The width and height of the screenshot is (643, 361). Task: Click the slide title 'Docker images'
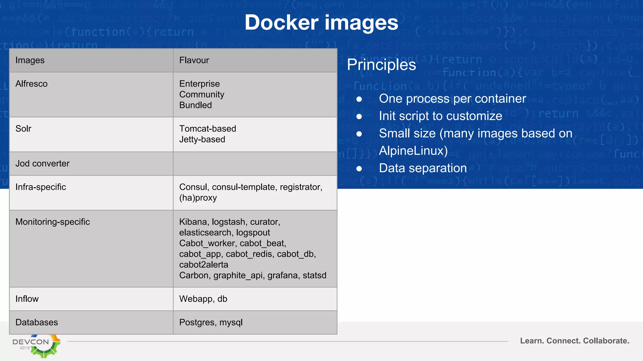coord(321,23)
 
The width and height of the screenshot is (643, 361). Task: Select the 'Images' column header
coord(30,60)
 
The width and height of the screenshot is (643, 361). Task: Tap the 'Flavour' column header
coord(194,60)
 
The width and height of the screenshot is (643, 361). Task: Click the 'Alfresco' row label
coord(31,84)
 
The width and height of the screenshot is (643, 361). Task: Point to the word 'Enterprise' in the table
coord(199,84)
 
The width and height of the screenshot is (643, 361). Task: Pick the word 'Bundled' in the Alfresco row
coord(195,105)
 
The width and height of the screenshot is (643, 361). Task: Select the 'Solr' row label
coord(23,128)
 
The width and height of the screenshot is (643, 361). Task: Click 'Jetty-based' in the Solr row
coord(202,139)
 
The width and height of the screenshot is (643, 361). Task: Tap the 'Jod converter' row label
coord(42,163)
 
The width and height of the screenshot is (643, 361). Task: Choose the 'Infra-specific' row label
coord(41,187)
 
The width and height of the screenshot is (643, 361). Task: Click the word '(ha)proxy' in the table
coord(198,198)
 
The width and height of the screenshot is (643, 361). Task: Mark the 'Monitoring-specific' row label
coord(52,222)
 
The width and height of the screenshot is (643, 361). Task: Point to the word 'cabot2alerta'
coord(204,264)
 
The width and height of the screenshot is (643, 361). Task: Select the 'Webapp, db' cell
coord(203,299)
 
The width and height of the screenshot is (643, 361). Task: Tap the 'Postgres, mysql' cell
coord(211,322)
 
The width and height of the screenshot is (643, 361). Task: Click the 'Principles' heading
coord(381,65)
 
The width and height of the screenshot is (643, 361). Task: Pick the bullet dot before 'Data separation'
coord(359,169)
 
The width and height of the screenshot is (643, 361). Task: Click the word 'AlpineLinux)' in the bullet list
coord(413,151)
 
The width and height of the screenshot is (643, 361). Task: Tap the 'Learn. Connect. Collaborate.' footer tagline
coord(575,341)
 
